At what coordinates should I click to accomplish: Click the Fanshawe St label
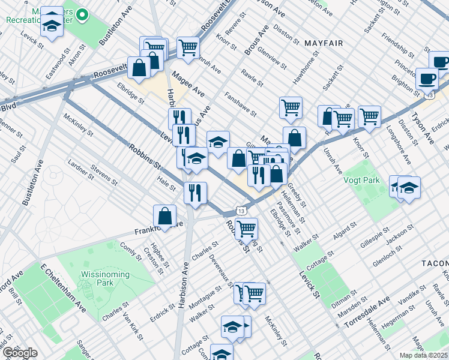pos(240,104)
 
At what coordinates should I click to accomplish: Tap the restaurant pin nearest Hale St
pos(195,193)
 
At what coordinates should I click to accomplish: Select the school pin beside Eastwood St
pos(52,25)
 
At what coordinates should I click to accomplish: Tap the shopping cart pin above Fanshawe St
pos(291,108)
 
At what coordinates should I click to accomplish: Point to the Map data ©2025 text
pos(423,355)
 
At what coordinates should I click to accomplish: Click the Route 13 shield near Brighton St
pos(429,95)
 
